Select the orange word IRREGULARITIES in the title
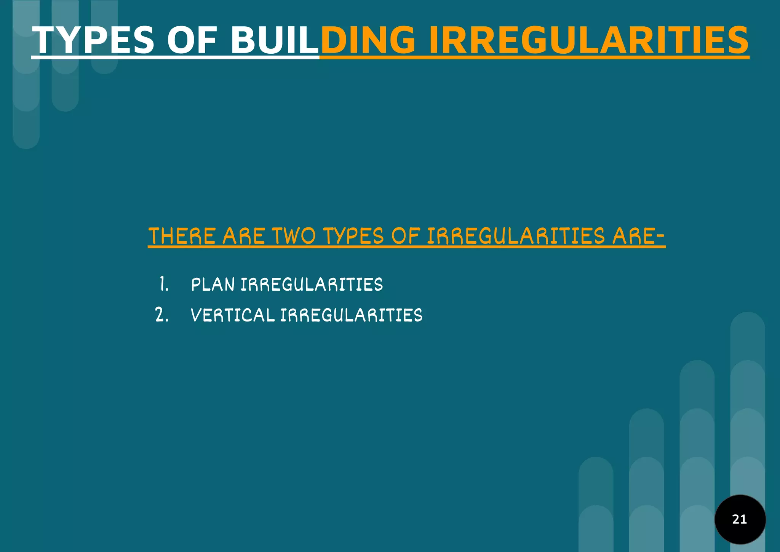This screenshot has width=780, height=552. pos(589,40)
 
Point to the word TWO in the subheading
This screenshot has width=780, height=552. pos(294,236)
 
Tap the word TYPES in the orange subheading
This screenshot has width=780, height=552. pos(354,236)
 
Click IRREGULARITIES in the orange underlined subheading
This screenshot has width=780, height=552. pos(516,236)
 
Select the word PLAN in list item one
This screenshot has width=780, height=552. pos(213,285)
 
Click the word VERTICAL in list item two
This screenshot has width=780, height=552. pos(233,315)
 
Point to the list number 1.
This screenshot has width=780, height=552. pos(164,284)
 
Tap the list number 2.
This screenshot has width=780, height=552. pos(162,315)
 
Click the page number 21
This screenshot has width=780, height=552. pos(740,519)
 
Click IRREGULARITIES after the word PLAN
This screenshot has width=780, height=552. pos(312,285)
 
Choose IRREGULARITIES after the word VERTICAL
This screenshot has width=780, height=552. pos(352,315)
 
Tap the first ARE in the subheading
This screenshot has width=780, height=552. pos(244,236)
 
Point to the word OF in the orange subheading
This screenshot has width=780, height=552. pos(406,236)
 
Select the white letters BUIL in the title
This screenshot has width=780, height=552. pos(274,40)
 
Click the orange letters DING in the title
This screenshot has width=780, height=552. pos(368,40)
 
